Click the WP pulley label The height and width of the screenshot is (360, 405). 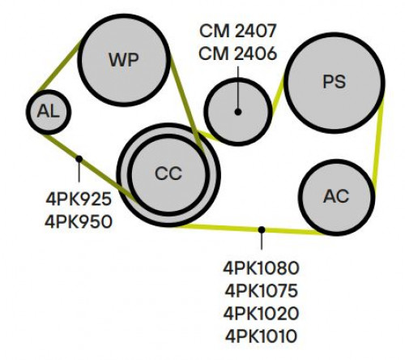[124, 60]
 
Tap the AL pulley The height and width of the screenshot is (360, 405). [49, 112]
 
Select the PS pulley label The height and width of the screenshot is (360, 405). [335, 81]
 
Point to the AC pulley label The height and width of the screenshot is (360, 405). [336, 196]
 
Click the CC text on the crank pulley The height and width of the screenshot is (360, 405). [168, 174]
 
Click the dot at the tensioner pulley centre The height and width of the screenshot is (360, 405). [238, 112]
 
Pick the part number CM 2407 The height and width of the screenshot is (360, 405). [238, 31]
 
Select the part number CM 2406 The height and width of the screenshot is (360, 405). [238, 54]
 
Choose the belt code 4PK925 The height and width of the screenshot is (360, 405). [79, 199]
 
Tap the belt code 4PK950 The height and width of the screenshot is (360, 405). [79, 222]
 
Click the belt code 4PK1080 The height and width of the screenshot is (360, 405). [262, 268]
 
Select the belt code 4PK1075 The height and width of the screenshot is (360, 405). [262, 291]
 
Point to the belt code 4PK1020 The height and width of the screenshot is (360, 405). [262, 314]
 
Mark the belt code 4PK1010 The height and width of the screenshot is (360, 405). [262, 336]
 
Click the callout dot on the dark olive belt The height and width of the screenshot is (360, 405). [79, 159]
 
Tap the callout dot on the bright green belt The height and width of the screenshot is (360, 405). [262, 229]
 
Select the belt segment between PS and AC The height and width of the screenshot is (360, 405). [378, 141]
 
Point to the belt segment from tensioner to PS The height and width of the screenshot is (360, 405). [278, 95]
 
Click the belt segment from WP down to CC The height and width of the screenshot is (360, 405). [186, 104]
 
